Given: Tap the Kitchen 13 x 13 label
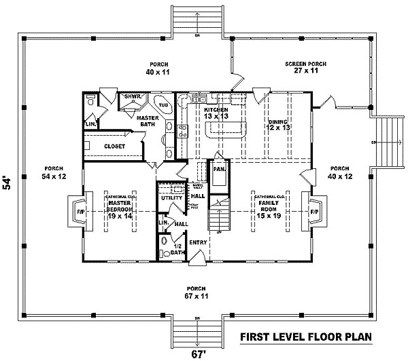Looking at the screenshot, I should pyautogui.click(x=216, y=113).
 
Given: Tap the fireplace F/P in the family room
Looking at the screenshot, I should pyautogui.click(x=314, y=212).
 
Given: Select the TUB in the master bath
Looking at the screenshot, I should pyautogui.click(x=163, y=105).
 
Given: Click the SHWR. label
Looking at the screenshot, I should pyautogui.click(x=132, y=97).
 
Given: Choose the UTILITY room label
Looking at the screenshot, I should pyautogui.click(x=171, y=197).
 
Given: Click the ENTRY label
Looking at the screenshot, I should pyautogui.click(x=199, y=242).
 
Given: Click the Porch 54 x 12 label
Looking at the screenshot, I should pyautogui.click(x=52, y=172).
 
